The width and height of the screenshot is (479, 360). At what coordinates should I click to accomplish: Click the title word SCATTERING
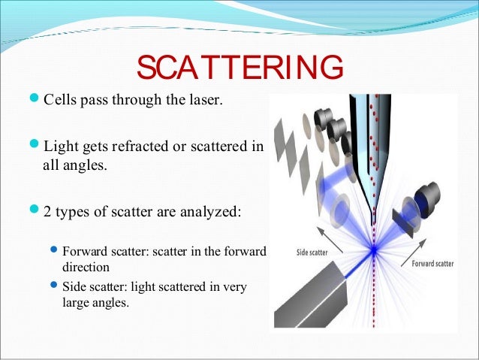239,68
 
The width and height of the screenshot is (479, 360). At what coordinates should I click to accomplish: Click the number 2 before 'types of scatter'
47,212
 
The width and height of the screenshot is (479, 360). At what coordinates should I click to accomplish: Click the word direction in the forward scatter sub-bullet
86,267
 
